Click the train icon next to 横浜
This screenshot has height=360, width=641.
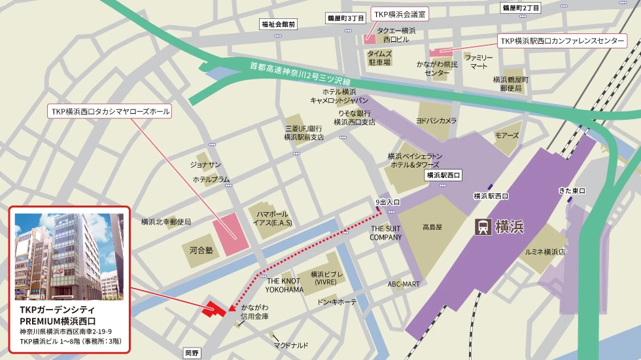point(483,227)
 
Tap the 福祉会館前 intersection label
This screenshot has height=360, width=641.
point(278,24)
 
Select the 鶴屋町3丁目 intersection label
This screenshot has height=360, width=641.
point(345,19)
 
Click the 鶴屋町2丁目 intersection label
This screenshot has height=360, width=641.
point(521,8)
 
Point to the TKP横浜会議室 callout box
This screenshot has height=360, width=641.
point(399,13)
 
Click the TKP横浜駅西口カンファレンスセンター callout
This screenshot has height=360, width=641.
point(562,41)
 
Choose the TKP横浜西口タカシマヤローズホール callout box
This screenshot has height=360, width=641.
point(110,112)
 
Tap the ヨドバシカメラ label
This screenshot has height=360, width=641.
point(436,120)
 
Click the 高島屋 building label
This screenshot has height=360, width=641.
point(432,227)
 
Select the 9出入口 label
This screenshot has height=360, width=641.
point(387,202)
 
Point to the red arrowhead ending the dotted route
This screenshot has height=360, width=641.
point(232,306)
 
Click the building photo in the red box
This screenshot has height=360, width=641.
point(69,256)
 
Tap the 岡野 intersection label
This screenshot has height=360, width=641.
point(191,353)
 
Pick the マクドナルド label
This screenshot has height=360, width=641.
point(291,345)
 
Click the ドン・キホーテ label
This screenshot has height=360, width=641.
point(337,302)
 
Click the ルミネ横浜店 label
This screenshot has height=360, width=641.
point(544,251)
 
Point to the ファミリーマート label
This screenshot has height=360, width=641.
point(479,62)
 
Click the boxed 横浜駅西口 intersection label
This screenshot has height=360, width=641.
point(443,175)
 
